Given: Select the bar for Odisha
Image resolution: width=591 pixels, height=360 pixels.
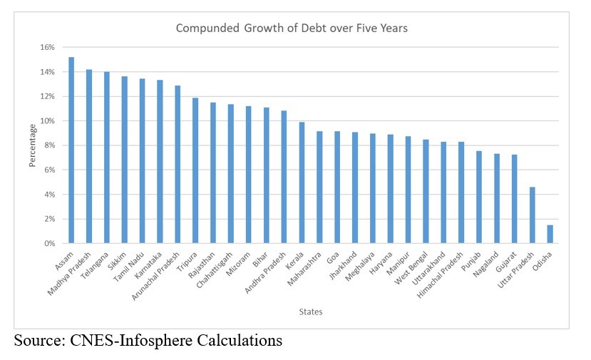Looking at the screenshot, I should coord(550,234).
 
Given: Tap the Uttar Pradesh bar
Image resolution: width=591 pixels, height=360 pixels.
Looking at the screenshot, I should coord(532,215).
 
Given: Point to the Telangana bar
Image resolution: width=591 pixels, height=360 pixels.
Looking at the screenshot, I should coord(107,158).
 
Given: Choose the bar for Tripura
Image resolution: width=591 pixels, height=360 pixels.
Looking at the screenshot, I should coord(195,170).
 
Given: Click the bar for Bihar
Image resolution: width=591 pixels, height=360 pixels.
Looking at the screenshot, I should coord(266,175).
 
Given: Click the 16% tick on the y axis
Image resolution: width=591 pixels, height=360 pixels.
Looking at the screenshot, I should coord(47,48).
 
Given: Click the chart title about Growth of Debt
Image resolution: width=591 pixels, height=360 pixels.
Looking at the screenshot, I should coord(292,29).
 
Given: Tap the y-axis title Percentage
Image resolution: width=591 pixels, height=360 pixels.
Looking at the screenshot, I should coord(33,145).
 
